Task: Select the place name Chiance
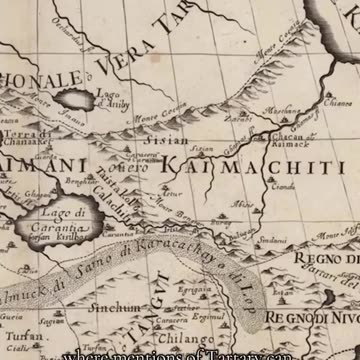coord(339,99)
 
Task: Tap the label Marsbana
coord(283,112)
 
